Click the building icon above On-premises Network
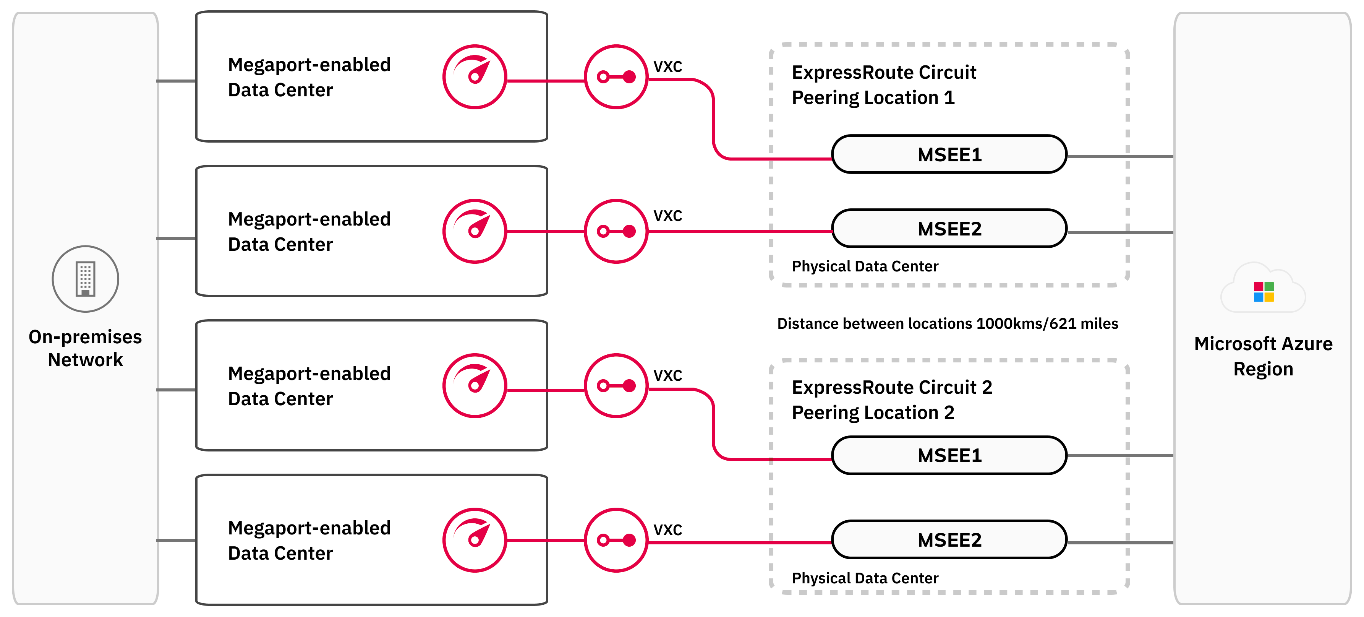point(85,279)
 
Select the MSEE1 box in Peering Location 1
point(949,155)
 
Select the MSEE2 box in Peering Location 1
point(949,229)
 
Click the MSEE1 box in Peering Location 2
point(949,455)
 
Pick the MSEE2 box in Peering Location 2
point(949,540)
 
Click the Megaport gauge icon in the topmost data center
point(475,77)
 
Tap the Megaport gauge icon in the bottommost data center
point(475,540)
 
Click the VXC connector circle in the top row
point(616,77)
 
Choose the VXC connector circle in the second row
point(616,231)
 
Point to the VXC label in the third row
point(667,375)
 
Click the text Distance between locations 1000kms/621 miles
point(947,323)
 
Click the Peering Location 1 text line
point(873,98)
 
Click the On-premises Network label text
point(85,348)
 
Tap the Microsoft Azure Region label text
point(1263,356)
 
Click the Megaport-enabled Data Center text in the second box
point(309,231)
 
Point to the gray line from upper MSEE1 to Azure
point(1120,157)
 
